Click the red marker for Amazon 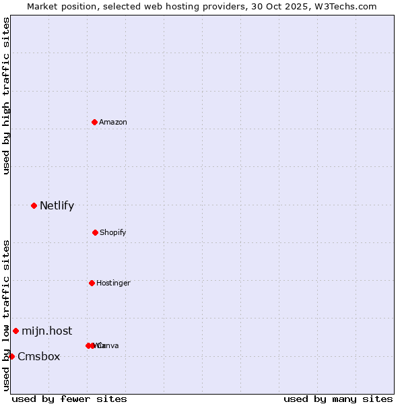(x=94, y=122)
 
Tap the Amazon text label (x=113, y=122)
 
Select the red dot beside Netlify (x=34, y=205)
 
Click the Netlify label (x=57, y=205)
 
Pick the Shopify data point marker (x=95, y=232)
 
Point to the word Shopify (x=113, y=232)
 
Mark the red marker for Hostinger (x=92, y=283)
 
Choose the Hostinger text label (x=113, y=283)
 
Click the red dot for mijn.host (x=15, y=331)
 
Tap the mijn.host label (x=46, y=331)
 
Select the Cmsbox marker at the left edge (x=11, y=356)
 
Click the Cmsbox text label (x=38, y=356)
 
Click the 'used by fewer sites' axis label (x=69, y=399)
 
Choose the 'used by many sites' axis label (x=338, y=399)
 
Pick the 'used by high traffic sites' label (x=6, y=96)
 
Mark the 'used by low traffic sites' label (x=6, y=315)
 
